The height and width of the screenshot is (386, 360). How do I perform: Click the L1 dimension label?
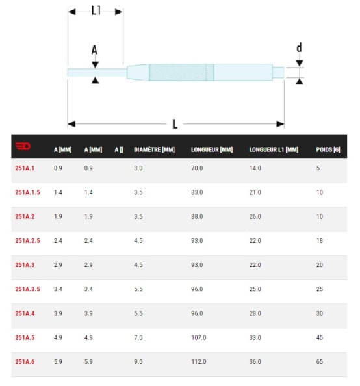[x=96, y=10]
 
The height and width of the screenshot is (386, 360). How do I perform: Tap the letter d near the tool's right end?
[x=299, y=47]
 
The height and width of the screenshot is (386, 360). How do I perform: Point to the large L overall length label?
[x=175, y=124]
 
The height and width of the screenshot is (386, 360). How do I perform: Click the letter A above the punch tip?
[x=94, y=50]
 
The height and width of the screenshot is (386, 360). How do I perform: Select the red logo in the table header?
[x=23, y=146]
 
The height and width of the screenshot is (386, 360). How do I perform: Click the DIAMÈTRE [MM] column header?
[x=154, y=149]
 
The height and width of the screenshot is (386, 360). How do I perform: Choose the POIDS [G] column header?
[x=328, y=149]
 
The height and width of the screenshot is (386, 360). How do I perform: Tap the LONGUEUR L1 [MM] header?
[x=274, y=149]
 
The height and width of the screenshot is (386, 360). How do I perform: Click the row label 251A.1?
[x=25, y=168]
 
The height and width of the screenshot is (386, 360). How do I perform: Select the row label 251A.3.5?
[x=27, y=289]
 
